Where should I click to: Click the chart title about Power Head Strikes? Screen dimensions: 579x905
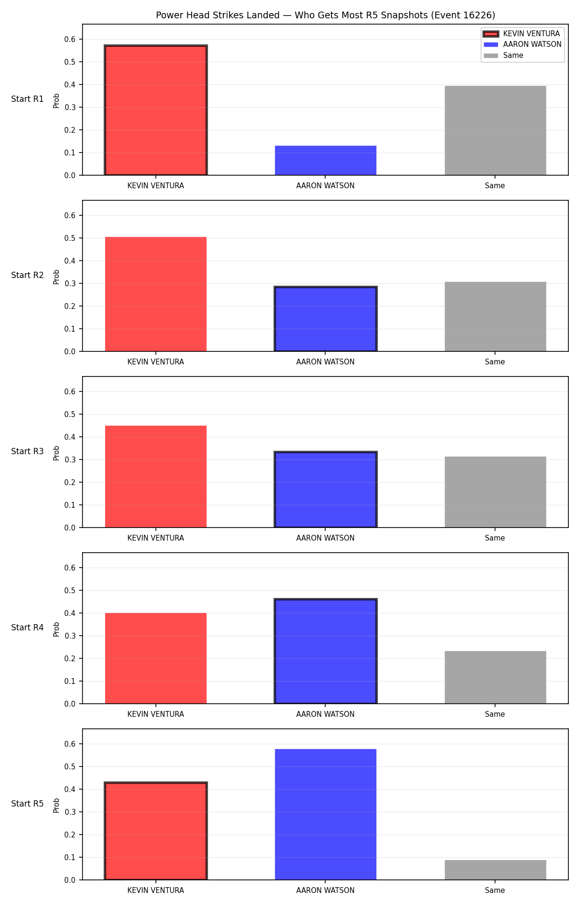(325, 15)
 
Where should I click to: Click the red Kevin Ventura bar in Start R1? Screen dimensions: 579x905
(156, 110)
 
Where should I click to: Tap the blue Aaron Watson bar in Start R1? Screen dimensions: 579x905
(326, 160)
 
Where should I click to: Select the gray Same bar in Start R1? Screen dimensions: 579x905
(496, 130)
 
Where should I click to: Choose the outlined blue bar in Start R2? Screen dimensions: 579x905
(326, 319)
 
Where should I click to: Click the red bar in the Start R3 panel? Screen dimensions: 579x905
(156, 476)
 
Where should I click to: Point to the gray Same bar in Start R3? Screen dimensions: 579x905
(496, 492)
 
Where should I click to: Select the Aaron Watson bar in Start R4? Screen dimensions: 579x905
(326, 651)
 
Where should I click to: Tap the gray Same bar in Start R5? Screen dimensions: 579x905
(496, 870)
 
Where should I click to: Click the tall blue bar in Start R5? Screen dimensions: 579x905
(326, 814)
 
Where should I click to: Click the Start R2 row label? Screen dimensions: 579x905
(28, 275)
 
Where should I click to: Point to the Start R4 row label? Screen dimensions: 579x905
(28, 627)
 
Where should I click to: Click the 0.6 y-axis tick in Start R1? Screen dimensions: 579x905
(70, 39)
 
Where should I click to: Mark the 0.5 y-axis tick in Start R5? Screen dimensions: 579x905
(70, 766)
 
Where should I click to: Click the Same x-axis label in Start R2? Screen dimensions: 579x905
(495, 362)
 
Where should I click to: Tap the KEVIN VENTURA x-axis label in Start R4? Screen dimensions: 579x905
(156, 714)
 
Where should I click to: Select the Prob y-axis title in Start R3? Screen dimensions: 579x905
(56, 453)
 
